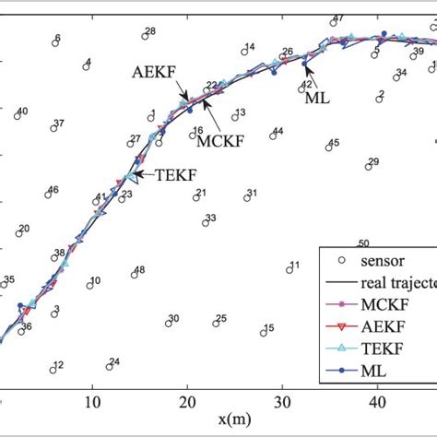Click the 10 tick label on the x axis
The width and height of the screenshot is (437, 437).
point(91,401)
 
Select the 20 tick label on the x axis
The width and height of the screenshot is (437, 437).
point(187,401)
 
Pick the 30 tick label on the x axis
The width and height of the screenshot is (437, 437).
point(282,401)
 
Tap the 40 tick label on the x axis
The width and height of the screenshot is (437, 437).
point(377,401)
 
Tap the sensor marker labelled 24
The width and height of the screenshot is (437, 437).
point(109,366)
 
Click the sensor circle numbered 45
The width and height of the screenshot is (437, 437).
point(328,147)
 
